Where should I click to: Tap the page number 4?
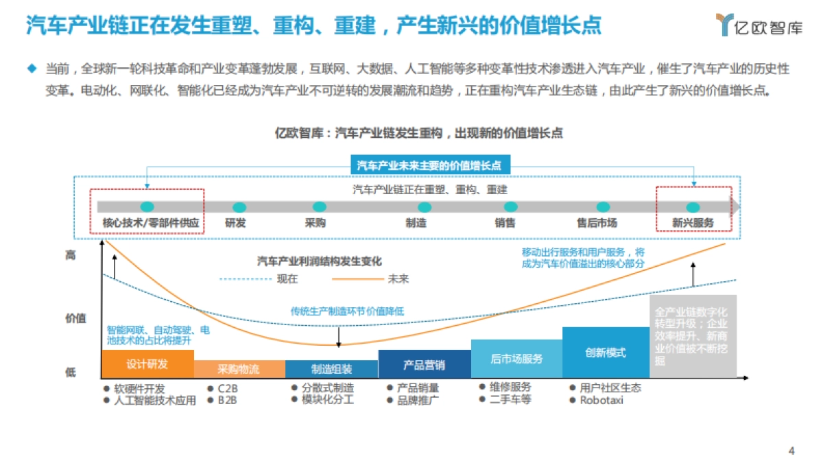coord(791,451)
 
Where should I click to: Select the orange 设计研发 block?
coord(147,364)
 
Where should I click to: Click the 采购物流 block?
coord(239,369)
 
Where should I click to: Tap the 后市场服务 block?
coord(516,359)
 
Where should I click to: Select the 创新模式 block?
coord(606,353)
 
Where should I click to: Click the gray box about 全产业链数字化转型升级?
coord(692,336)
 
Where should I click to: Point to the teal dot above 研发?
coord(239,207)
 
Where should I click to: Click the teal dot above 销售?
coord(510,207)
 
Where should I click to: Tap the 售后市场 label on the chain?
coord(597,223)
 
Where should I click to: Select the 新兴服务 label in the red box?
coord(693,223)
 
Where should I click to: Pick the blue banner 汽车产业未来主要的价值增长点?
coord(430,165)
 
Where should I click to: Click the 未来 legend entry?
coord(398,279)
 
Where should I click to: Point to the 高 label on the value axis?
coord(71,255)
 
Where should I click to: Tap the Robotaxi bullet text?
coord(601,400)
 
